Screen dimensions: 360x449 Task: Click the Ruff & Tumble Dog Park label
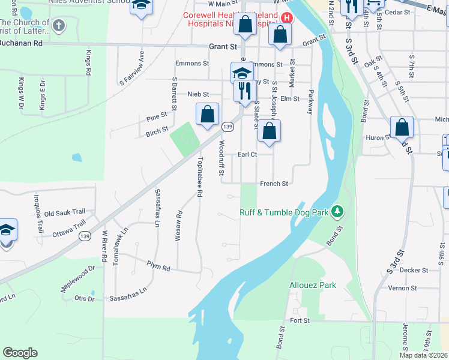pyautogui.click(x=286, y=212)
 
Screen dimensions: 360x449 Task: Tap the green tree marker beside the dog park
pyautogui.click(x=338, y=211)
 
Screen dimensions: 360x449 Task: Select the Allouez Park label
pyautogui.click(x=313, y=286)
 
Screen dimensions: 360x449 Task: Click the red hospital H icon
pyautogui.click(x=286, y=18)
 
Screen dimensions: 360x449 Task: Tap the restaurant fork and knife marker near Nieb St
pyautogui.click(x=244, y=91)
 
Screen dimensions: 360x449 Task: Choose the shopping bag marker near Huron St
pyautogui.click(x=402, y=127)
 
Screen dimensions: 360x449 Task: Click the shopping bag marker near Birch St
pyautogui.click(x=207, y=114)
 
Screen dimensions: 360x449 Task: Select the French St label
pyautogui.click(x=274, y=184)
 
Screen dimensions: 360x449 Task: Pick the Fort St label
pyautogui.click(x=299, y=321)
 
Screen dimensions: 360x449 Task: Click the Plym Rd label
pyautogui.click(x=158, y=268)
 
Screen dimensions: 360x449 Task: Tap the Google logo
pyautogui.click(x=20, y=353)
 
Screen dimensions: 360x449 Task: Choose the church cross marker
pyautogui.click(x=58, y=26)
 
